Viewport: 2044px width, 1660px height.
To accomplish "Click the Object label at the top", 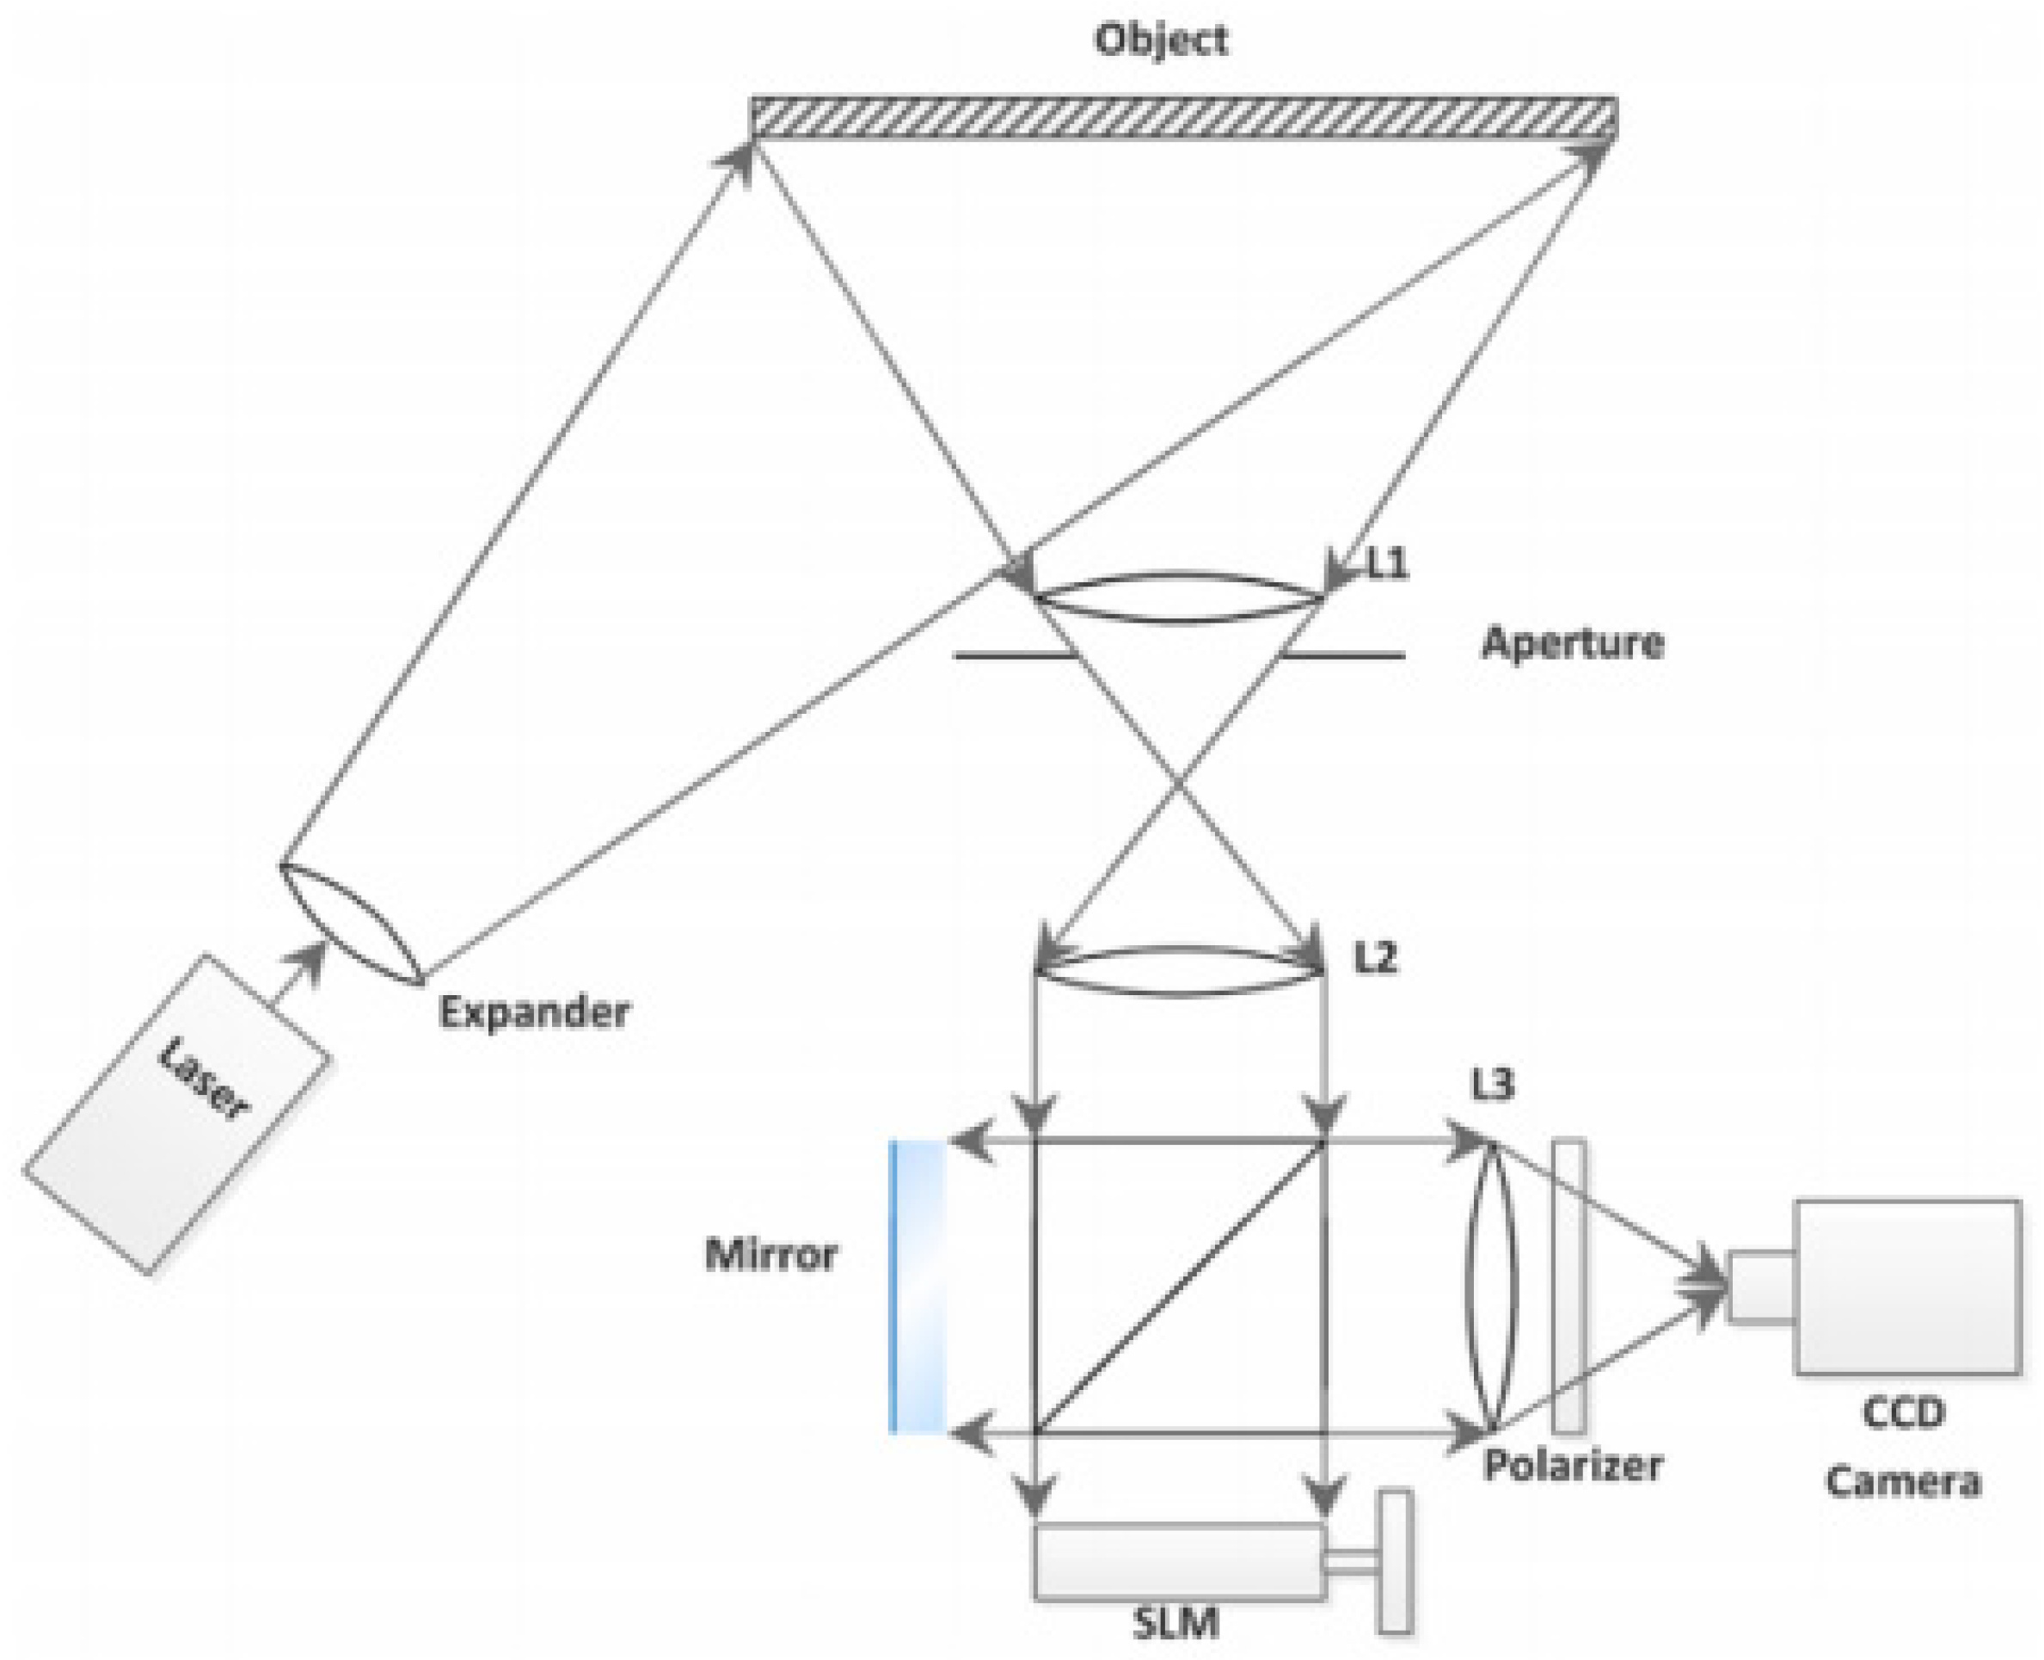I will (x=1161, y=40).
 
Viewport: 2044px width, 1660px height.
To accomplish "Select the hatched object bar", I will (x=1183, y=118).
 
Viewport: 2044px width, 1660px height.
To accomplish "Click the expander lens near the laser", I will (x=350, y=924).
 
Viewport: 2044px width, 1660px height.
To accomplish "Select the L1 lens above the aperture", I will (x=1179, y=599).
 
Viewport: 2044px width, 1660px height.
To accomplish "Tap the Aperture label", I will (x=1573, y=643).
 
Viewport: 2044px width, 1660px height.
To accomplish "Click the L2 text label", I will (x=1376, y=958).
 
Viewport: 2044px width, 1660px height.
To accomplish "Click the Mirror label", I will (x=770, y=1255).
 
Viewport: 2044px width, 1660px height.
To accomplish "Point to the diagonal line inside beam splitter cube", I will (x=1180, y=1287).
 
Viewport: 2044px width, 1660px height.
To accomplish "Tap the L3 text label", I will (x=1492, y=1085).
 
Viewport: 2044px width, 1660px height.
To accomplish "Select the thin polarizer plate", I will (x=1568, y=1286).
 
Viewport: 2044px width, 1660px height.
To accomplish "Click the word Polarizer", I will (x=1573, y=1464).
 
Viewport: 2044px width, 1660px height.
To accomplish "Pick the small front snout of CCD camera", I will (x=1761, y=1287).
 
